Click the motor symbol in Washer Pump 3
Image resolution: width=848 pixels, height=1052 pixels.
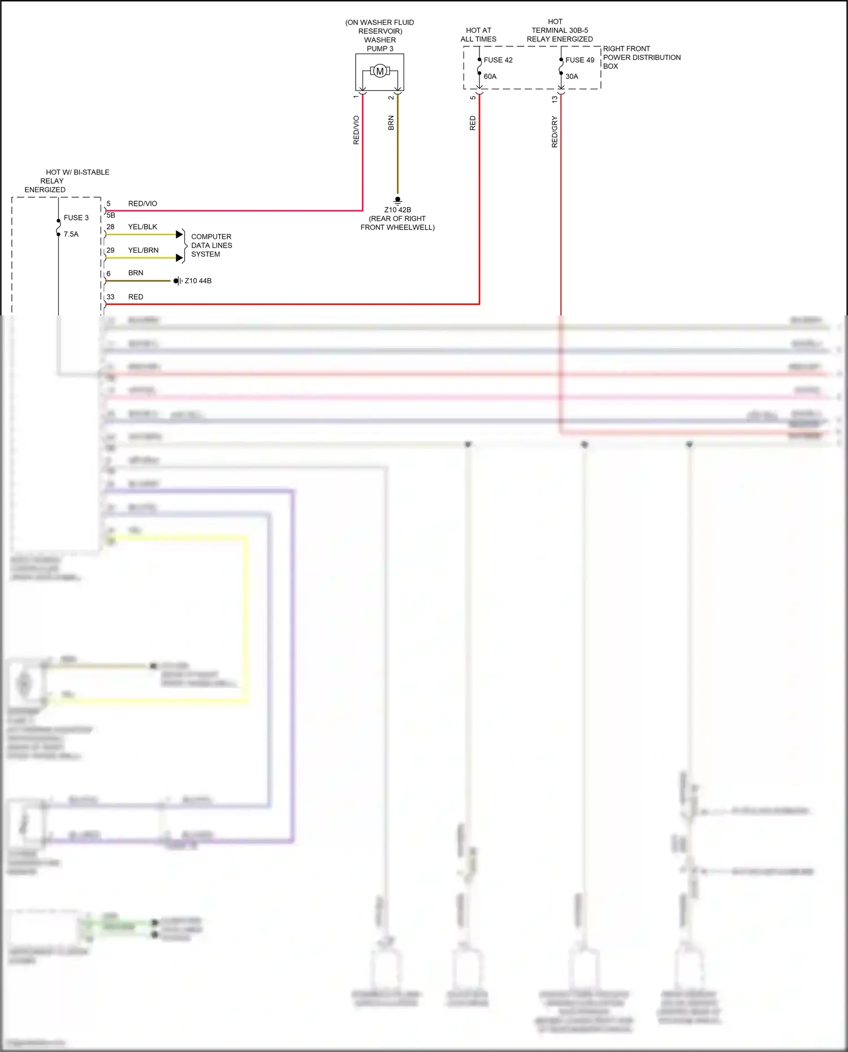click(380, 71)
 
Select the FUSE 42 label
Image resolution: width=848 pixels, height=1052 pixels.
click(497, 60)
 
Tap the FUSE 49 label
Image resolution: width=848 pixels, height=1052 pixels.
click(579, 60)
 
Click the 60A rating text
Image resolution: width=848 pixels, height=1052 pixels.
click(490, 76)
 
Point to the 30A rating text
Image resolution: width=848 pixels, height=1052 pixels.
click(572, 76)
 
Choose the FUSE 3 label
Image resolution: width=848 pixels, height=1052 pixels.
click(76, 218)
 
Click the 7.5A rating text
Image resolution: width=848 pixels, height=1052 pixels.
click(71, 234)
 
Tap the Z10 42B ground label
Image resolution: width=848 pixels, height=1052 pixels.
click(397, 210)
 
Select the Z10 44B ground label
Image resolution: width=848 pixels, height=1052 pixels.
click(198, 281)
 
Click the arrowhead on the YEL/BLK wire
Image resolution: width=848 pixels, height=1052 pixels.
click(180, 234)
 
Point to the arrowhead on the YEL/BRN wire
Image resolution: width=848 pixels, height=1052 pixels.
click(180, 258)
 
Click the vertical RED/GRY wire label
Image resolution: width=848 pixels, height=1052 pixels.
click(555, 132)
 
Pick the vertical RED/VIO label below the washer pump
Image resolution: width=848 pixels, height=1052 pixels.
click(356, 130)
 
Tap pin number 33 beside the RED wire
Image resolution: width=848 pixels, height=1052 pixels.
click(110, 297)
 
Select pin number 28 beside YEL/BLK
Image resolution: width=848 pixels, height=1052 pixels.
click(110, 227)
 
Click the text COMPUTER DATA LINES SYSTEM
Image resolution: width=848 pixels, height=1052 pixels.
click(211, 245)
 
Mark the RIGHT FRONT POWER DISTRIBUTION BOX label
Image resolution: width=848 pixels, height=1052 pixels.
click(642, 57)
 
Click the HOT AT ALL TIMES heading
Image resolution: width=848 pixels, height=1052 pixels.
click(478, 34)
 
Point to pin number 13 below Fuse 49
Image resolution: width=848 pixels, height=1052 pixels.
click(555, 98)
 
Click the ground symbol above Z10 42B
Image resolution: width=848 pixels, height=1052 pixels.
click(397, 200)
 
